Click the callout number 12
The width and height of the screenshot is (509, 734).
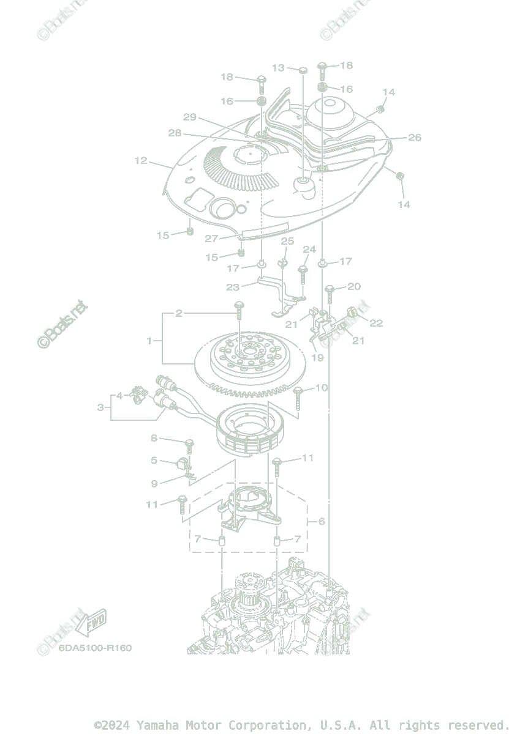tap(141, 161)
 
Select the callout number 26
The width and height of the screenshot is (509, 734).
tap(415, 138)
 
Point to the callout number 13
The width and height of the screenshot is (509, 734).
tap(279, 68)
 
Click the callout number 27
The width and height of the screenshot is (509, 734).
tap(211, 239)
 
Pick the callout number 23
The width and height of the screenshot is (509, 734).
tap(233, 286)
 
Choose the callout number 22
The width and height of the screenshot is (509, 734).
tap(375, 323)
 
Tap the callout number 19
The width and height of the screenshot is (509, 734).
tap(317, 357)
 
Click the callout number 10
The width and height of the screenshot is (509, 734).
tap(322, 388)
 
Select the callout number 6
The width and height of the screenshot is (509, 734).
tap(322, 522)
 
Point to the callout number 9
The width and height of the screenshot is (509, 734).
tap(154, 483)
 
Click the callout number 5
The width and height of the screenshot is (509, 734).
tap(154, 460)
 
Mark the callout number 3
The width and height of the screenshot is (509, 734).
tap(100, 407)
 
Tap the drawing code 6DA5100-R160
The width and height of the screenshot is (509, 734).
tap(95, 648)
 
